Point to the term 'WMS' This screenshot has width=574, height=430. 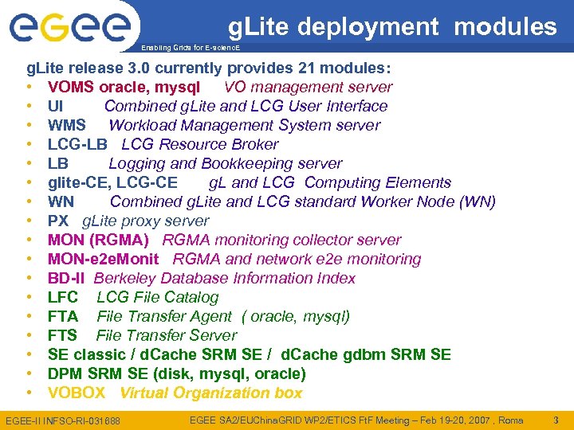click(x=67, y=125)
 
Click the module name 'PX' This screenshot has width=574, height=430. click(x=58, y=221)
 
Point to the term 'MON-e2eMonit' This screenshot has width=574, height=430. click(x=103, y=259)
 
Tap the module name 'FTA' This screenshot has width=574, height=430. click(x=63, y=316)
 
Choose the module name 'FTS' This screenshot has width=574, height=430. click(x=63, y=335)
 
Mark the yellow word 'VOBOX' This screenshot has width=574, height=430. click(x=77, y=393)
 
